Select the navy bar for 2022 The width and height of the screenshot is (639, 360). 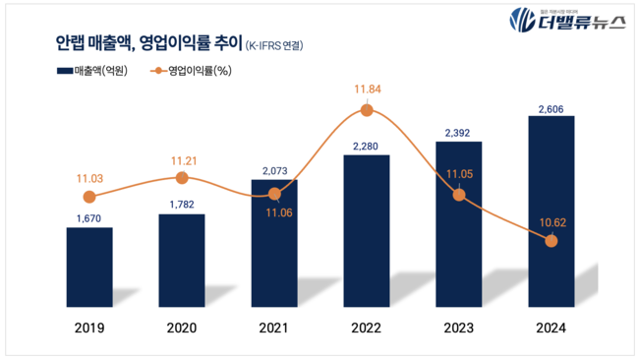tap(366, 231)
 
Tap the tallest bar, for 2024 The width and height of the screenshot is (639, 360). tap(551, 207)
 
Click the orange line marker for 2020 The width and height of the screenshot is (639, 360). tap(182, 177)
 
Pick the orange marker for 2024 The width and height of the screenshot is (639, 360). tap(551, 241)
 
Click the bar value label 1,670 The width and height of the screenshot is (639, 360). tap(89, 216)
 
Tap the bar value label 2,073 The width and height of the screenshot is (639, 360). tap(274, 170)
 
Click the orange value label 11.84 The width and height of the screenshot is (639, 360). tap(366, 91)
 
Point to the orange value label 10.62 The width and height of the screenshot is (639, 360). tap(551, 220)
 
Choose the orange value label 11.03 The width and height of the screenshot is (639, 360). tap(89, 177)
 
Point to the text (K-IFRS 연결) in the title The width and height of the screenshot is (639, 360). tap(272, 44)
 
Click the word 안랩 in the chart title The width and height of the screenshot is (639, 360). tap(71, 42)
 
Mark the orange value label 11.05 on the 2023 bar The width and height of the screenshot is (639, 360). tap(458, 174)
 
